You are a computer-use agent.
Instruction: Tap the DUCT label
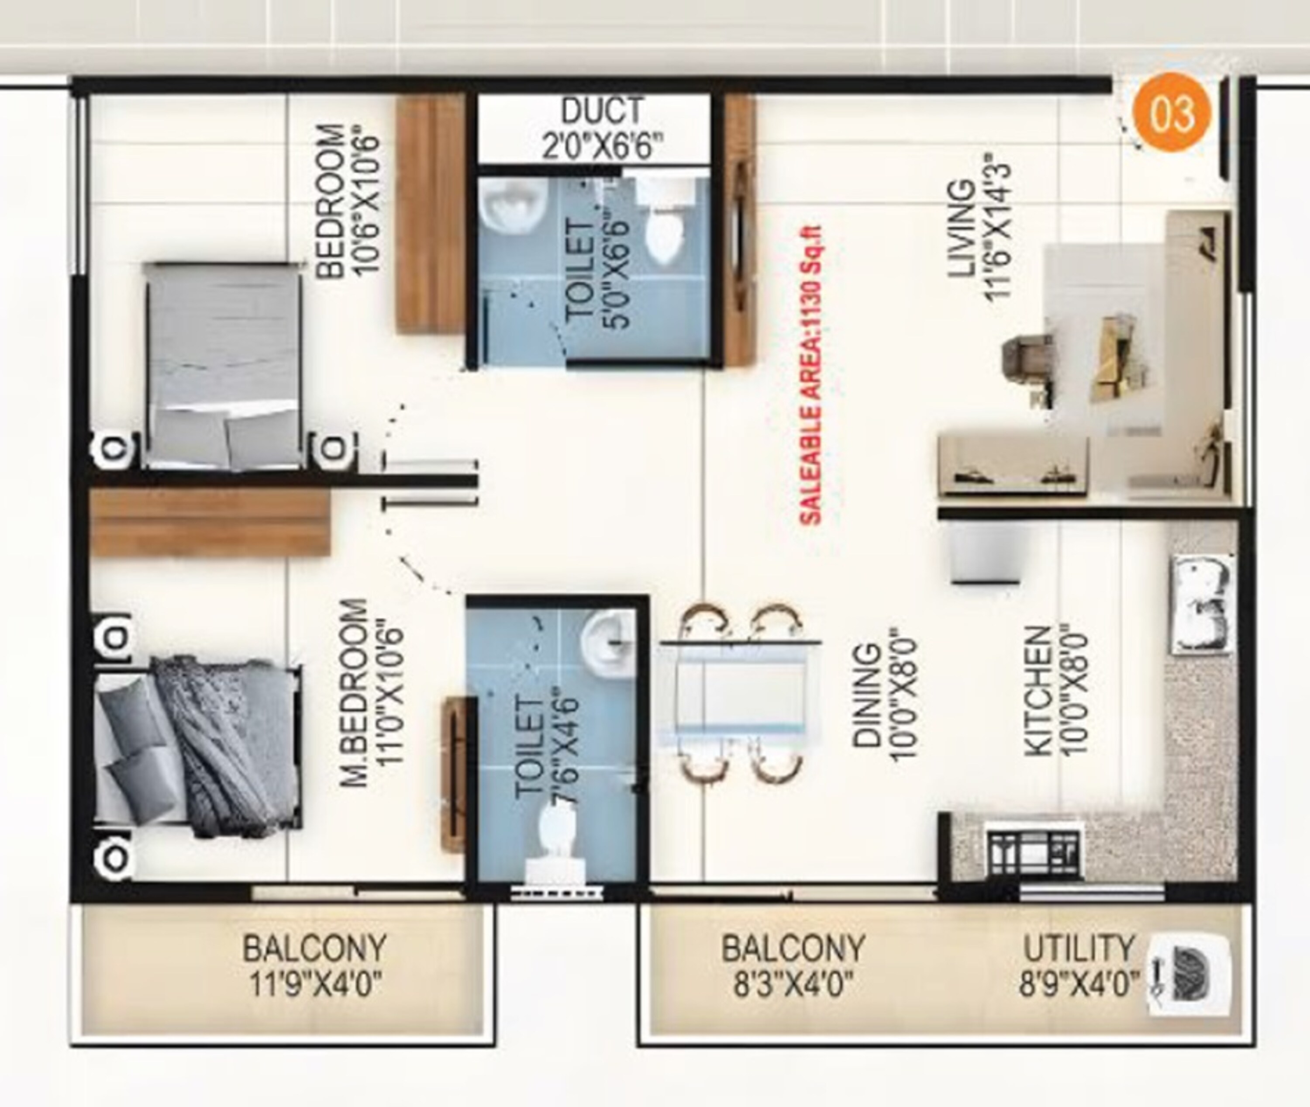tap(602, 111)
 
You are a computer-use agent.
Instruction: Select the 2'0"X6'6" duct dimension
tap(602, 146)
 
